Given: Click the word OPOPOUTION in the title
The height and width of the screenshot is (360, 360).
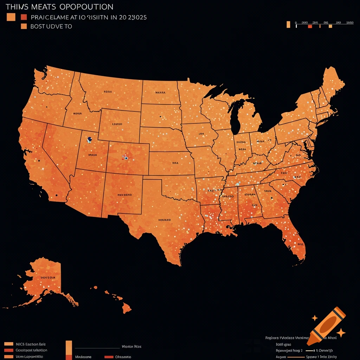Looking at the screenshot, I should [x=86, y=7].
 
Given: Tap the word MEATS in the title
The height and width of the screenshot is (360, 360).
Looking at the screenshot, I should [x=41, y=7].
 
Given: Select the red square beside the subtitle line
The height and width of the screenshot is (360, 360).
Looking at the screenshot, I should [x=24, y=17].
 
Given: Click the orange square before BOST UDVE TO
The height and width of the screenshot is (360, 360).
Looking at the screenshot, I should [x=24, y=26].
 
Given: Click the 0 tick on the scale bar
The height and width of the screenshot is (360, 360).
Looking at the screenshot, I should [x=296, y=22].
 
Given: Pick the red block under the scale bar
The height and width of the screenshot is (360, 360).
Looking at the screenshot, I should [x=310, y=26].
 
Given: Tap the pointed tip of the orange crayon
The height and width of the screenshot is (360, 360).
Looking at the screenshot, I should [x=309, y=342].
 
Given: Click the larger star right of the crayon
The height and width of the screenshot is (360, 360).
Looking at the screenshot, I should [x=340, y=333].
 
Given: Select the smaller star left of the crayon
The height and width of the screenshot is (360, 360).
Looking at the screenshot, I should [x=315, y=318].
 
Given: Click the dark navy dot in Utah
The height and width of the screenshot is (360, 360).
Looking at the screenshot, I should [x=90, y=139].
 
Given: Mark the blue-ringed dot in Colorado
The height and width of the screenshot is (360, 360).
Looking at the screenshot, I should [x=126, y=158].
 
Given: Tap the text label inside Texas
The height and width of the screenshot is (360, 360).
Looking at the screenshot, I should [x=164, y=220].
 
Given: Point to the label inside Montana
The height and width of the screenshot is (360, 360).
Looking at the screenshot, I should [x=108, y=92].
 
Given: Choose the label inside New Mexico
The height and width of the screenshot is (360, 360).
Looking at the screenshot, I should [x=124, y=194].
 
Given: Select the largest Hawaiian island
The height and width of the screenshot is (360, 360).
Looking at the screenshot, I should [x=127, y=309].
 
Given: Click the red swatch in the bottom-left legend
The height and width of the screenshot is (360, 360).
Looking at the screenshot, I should [x=8, y=351].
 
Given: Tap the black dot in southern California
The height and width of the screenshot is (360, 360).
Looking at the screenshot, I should [x=56, y=195].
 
